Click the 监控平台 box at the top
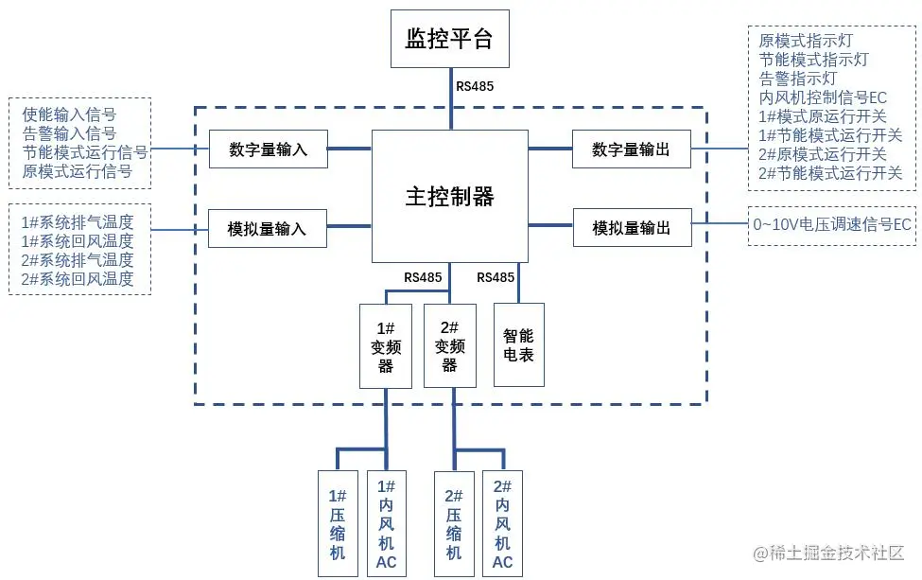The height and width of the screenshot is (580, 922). point(450,39)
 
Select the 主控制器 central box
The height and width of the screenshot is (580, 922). point(450,196)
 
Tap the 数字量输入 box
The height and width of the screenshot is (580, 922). point(269,149)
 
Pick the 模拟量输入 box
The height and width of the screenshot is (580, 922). point(268,228)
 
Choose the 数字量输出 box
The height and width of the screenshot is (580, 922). point(631,149)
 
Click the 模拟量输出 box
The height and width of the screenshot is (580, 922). point(631,228)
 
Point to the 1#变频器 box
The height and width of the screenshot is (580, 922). point(386,345)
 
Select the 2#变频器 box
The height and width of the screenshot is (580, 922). point(450,345)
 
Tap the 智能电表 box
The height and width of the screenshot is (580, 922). point(519,345)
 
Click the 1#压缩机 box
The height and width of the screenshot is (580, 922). point(338,523)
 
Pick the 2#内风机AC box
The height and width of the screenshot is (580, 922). point(502,523)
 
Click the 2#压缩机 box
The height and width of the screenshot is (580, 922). point(454,523)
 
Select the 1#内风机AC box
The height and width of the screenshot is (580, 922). point(386,523)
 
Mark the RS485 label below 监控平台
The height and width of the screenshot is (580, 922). point(475,86)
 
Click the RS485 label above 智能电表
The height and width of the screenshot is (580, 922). point(496,277)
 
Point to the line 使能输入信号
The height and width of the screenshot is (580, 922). point(69,114)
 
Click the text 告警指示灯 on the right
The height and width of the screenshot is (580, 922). point(798,79)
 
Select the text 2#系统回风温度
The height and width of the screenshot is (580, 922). point(78,279)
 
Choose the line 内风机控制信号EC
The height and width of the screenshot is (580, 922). point(823,97)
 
